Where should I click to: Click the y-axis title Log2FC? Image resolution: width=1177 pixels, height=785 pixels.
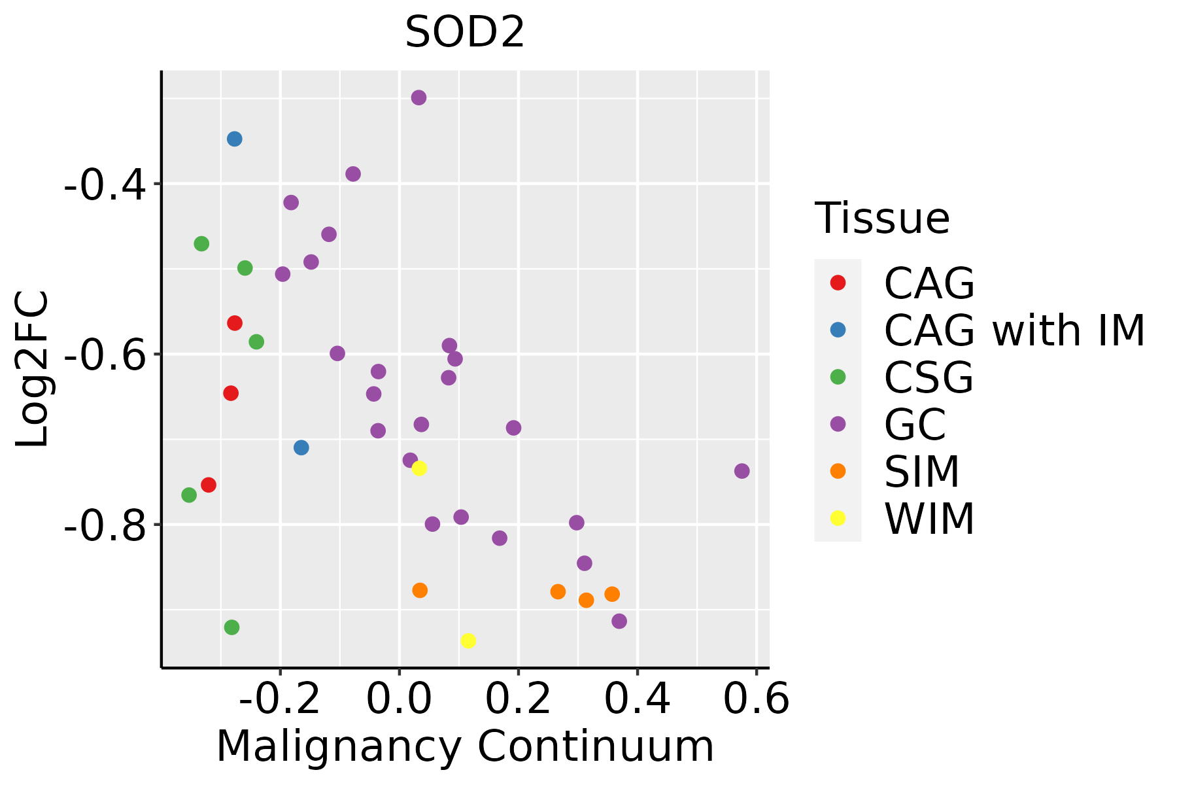(33, 370)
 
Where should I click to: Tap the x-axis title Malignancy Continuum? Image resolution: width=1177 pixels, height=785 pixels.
(465, 747)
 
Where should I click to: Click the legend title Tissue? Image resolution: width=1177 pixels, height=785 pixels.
(882, 218)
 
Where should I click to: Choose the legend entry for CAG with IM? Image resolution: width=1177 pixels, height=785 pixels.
(1014, 330)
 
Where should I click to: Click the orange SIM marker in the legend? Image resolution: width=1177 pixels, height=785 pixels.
(838, 471)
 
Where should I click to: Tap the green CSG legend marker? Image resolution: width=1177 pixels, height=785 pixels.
(838, 377)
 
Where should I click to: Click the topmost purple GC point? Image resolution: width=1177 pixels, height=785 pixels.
(419, 98)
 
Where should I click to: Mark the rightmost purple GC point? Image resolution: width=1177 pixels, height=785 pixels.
(742, 471)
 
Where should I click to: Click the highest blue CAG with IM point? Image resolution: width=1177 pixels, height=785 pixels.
(235, 139)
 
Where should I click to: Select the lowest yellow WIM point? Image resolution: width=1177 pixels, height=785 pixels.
(468, 640)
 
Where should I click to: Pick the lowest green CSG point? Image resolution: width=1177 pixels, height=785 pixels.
(231, 627)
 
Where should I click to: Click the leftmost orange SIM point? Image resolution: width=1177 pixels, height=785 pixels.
(420, 590)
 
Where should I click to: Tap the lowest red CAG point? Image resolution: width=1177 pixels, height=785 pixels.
(209, 485)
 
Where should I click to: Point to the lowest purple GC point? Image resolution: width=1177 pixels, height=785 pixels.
(619, 621)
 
